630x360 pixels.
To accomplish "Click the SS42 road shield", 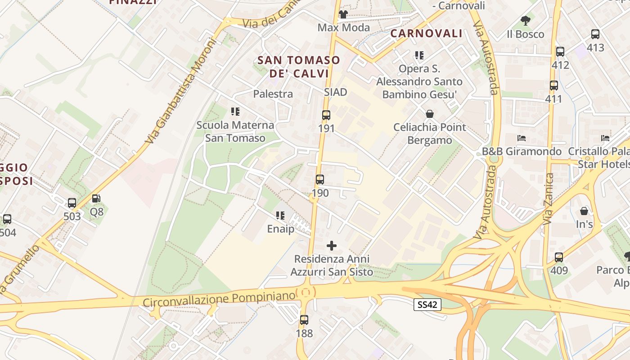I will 427,305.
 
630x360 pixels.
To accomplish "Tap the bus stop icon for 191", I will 326,115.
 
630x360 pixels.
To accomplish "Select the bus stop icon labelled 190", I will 320,180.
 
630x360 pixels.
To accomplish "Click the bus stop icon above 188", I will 304,320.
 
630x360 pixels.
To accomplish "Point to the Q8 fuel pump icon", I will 96,198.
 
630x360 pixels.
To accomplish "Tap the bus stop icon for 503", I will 72,203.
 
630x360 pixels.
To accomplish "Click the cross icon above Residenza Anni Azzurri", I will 332,246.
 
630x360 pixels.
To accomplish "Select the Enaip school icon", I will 280,216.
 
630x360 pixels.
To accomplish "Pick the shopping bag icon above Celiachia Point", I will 430,113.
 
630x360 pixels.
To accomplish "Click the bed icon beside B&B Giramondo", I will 522,138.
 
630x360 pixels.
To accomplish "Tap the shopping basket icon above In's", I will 584,210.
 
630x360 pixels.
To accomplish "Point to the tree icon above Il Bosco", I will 525,20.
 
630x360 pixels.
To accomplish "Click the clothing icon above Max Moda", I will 343,14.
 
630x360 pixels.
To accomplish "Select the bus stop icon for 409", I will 559,257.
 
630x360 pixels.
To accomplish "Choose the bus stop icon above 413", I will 595,34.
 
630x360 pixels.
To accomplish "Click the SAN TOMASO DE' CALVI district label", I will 298,67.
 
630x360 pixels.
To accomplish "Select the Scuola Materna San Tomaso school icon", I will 235,111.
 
